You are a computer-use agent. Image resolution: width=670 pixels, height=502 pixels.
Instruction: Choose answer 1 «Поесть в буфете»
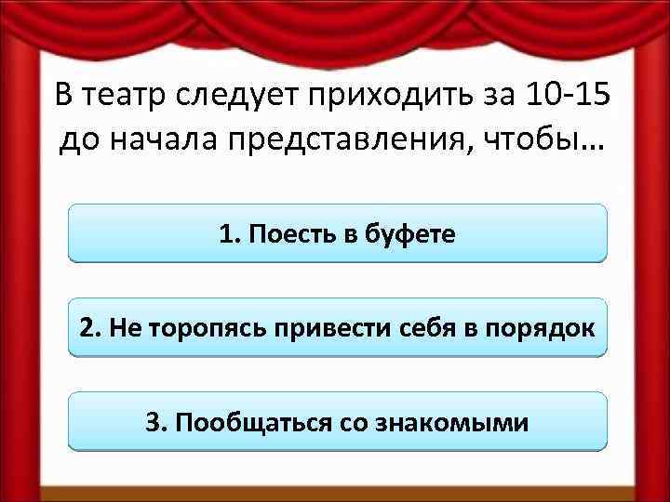(337, 233)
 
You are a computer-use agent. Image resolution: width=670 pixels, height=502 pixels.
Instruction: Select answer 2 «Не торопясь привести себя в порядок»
(337, 327)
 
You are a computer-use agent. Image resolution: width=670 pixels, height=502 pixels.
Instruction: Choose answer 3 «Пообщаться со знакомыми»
(337, 422)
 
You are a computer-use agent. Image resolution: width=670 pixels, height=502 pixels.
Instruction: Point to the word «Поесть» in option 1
(286, 233)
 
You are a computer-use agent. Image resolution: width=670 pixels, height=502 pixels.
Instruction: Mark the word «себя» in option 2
(433, 328)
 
